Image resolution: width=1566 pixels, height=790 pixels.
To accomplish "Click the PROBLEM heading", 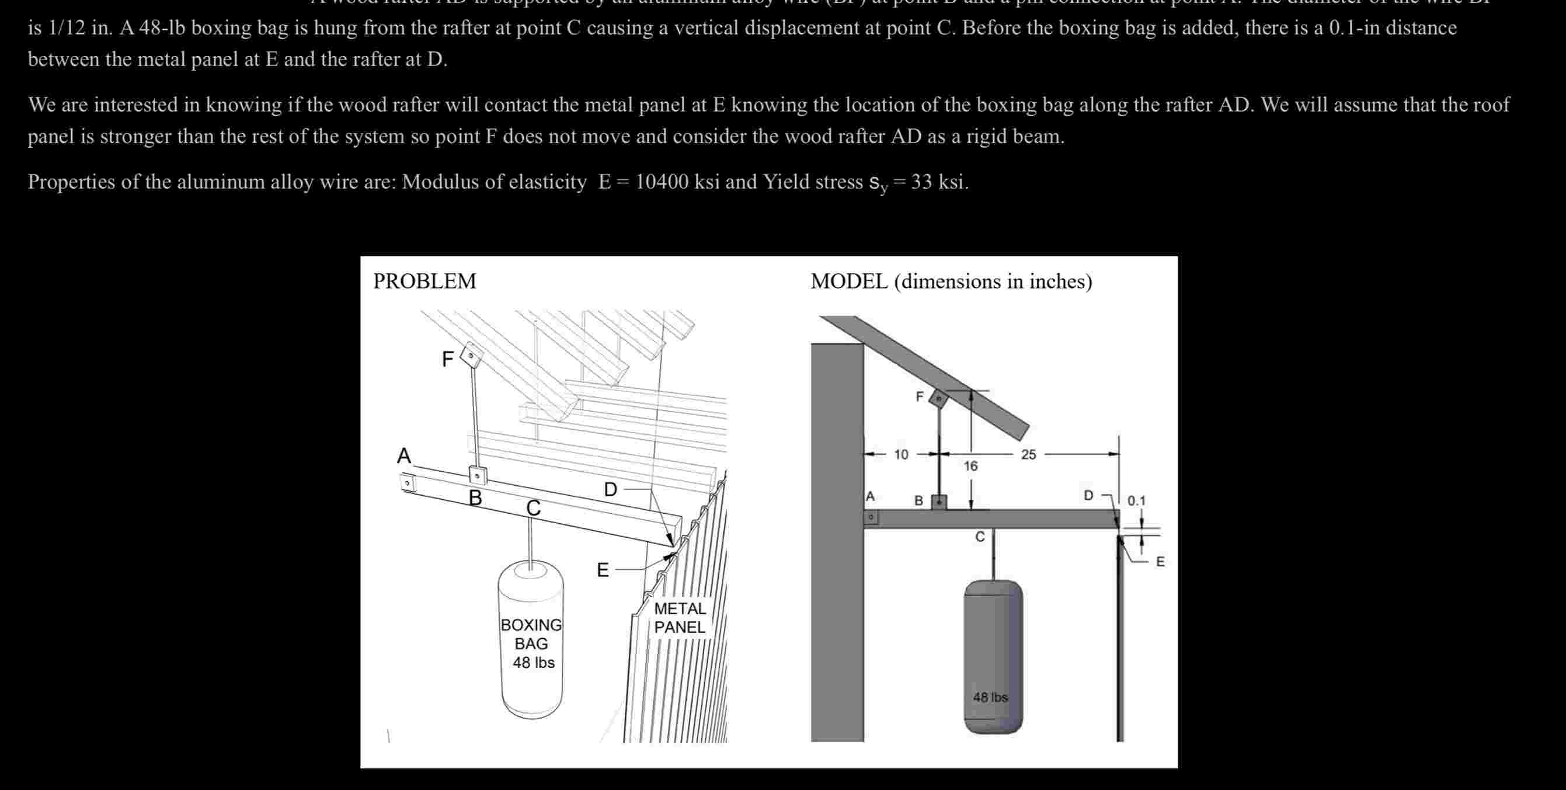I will (424, 281).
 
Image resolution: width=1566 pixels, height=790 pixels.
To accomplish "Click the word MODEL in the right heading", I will (848, 281).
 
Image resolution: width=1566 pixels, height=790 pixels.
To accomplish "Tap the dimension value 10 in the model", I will (901, 454).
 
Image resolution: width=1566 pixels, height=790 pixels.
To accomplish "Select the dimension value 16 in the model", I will (971, 466).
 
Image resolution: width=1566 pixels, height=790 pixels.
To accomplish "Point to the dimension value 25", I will (1028, 454).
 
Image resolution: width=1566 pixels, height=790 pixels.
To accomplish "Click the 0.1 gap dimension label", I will (1136, 502).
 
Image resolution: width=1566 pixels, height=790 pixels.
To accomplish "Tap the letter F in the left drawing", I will (447, 360).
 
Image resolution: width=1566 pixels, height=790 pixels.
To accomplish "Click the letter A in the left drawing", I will (403, 456).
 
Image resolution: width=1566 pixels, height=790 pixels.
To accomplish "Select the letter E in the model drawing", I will (1160, 562).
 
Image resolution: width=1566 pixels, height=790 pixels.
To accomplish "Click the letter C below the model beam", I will (980, 537).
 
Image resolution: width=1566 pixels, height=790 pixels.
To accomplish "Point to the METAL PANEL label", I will (680, 618).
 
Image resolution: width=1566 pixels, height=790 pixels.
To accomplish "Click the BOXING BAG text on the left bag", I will (531, 635).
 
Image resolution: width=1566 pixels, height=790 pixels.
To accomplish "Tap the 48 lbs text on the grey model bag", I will (990, 698).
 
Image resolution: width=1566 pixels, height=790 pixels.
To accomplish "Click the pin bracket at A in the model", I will (871, 518).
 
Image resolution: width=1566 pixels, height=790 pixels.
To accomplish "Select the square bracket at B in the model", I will (939, 502).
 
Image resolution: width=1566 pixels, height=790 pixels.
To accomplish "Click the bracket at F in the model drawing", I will (939, 399).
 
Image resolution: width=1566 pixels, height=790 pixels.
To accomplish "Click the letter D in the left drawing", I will (610, 489).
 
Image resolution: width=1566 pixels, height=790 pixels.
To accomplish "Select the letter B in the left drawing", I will (475, 497).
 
